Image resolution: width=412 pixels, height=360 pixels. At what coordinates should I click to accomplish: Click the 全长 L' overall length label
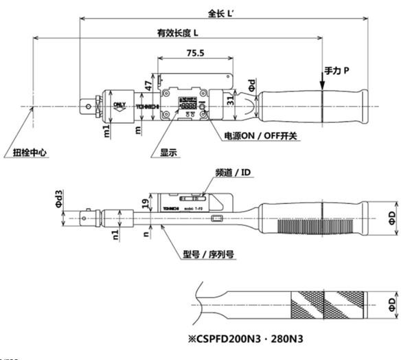point(221,12)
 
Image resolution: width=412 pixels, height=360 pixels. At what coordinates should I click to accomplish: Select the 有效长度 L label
point(178,32)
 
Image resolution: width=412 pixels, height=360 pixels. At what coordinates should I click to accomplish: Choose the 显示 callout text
point(169,153)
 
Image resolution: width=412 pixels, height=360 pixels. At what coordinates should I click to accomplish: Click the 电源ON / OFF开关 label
point(262,136)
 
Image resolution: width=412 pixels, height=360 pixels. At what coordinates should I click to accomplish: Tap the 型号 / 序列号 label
point(209,254)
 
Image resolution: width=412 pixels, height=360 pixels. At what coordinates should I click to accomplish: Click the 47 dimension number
point(148,87)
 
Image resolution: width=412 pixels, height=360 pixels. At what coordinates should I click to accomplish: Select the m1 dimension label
point(106,131)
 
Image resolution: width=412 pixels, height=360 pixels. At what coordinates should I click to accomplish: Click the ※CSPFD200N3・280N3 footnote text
point(253,339)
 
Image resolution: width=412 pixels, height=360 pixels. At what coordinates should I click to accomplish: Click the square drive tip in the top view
point(88,106)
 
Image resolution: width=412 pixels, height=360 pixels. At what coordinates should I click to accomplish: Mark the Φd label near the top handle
point(251,86)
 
